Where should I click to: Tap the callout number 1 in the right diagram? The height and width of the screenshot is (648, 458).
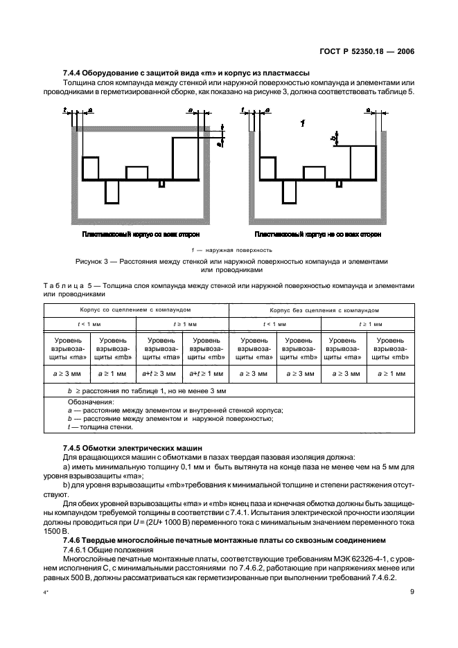pos(303,123)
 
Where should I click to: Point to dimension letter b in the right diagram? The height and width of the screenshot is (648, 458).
pos(333,138)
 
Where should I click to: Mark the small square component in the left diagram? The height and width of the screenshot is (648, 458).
pos(161,183)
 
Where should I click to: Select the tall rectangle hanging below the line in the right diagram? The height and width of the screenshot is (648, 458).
pos(283,190)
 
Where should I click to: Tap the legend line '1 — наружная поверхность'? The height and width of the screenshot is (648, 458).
pos(229,249)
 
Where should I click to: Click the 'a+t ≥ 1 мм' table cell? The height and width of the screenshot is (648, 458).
pos(206,373)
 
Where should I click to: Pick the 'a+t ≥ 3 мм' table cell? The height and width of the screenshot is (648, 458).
pos(159,373)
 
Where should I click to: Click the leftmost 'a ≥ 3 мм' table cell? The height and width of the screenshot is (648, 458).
pos(68,373)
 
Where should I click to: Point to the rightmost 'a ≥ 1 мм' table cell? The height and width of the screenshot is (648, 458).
pos(391,373)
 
